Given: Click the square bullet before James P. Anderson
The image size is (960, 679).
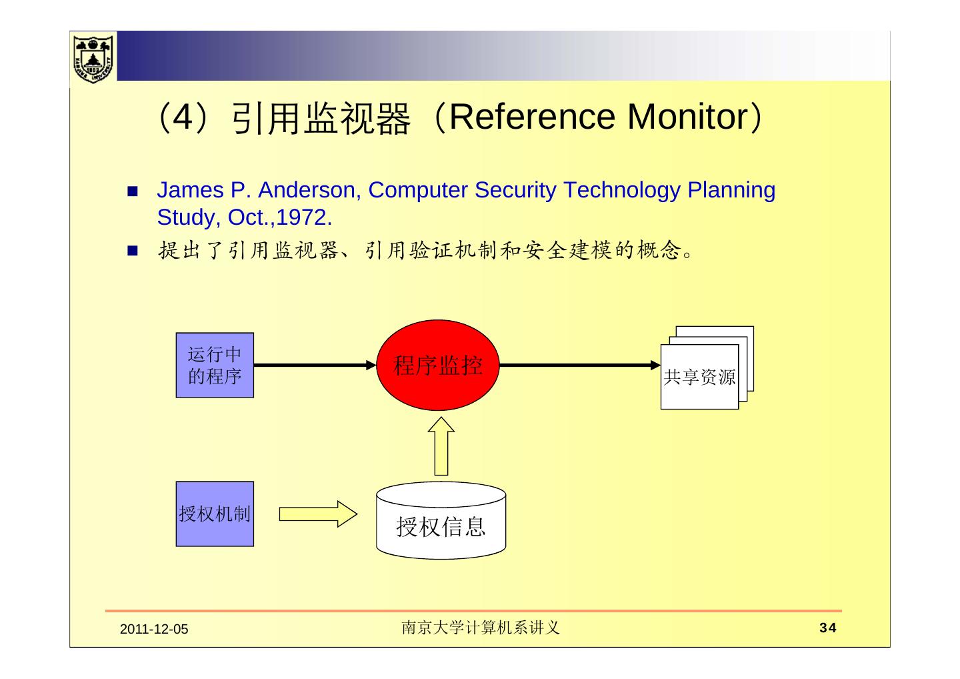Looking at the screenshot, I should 131,191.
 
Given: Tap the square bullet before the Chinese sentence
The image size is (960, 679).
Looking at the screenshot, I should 131,251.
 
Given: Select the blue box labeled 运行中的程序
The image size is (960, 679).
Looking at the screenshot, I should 215,365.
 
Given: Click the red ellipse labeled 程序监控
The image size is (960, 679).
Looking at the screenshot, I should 438,365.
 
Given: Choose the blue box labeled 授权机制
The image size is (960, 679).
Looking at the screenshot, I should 215,514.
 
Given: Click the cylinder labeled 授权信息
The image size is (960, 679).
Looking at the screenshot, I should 441,522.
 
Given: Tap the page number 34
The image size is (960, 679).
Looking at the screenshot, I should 827,628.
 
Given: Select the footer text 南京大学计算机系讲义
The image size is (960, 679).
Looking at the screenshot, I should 480,628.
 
